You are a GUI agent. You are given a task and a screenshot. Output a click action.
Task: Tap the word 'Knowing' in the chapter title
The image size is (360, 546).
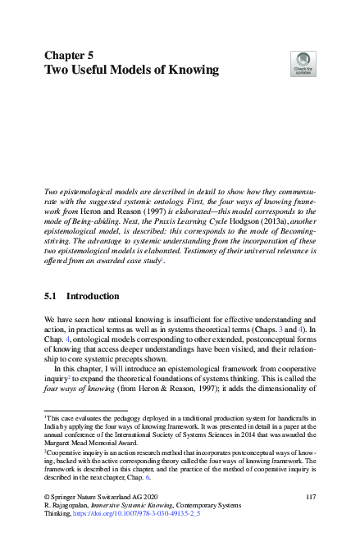(x=188, y=71)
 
